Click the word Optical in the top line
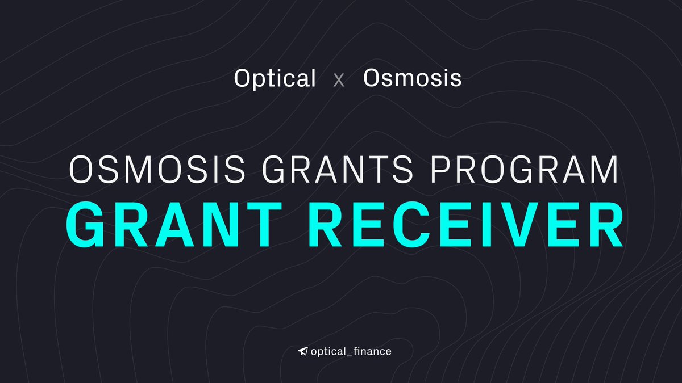pyautogui.click(x=275, y=78)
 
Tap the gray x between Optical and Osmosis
pyautogui.click(x=339, y=80)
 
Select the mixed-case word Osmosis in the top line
pyautogui.click(x=412, y=78)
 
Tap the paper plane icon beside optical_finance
pyautogui.click(x=303, y=351)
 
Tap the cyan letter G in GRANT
pyautogui.click(x=89, y=225)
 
